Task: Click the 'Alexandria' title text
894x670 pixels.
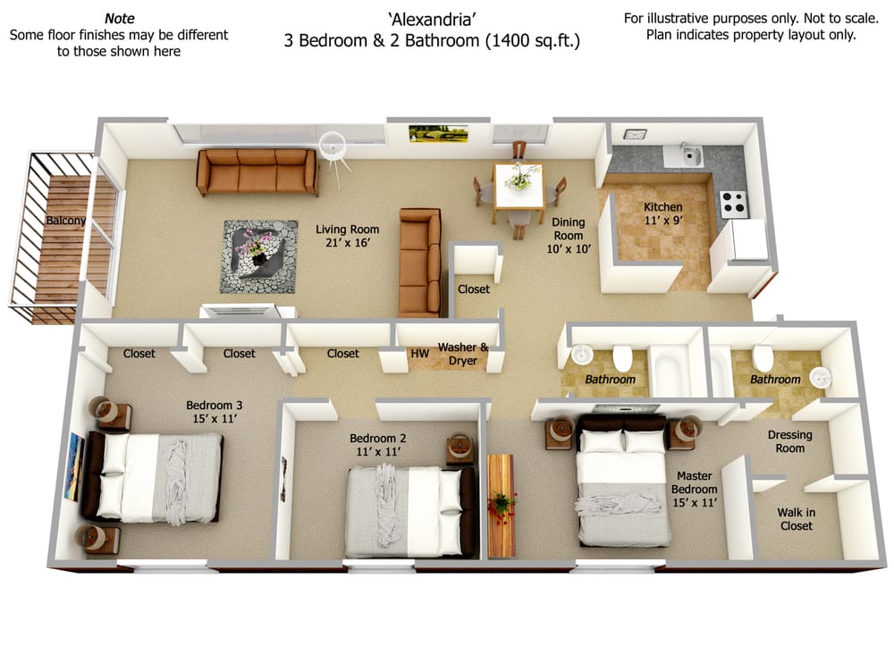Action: pos(432,18)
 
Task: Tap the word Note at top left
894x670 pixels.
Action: pos(119,18)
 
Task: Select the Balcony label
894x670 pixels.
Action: pos(67,220)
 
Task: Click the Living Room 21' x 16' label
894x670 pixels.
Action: pos(342,236)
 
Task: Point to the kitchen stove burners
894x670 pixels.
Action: pos(733,203)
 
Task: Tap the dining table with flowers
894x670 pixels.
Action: pos(519,183)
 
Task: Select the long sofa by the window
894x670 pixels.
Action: pos(257,171)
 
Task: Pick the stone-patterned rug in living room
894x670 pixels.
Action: pos(260,255)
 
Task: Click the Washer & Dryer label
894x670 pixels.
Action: pos(462,354)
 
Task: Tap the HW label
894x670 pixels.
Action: pos(419,354)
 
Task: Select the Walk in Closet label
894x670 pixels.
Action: pos(795,519)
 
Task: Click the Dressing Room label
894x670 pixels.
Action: pos(790,441)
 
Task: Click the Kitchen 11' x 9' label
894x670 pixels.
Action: pos(662,214)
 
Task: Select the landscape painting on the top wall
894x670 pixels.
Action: pos(426,133)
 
